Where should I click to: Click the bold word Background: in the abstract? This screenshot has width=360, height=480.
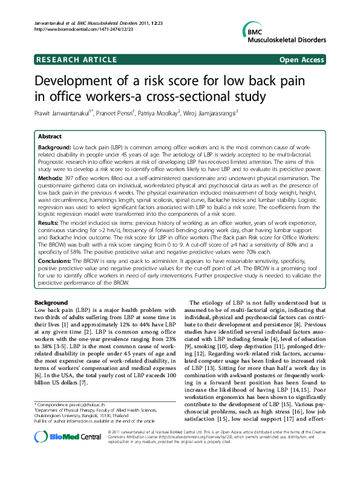[54, 148]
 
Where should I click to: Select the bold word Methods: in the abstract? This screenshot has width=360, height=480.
[51, 178]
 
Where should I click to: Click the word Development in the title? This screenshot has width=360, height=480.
[76, 82]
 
